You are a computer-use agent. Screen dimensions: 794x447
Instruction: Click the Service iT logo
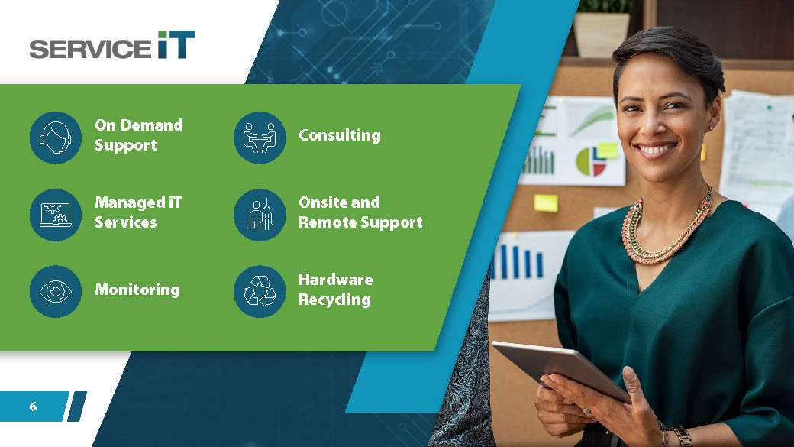[112, 45]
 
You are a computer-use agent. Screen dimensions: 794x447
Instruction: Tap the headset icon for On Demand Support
[56, 138]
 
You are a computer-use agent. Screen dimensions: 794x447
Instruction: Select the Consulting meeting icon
[260, 138]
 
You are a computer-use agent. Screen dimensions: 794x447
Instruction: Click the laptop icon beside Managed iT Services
[56, 215]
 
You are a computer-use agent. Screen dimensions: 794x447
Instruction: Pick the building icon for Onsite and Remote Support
[260, 215]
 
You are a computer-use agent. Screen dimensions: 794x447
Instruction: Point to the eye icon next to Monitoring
[56, 291]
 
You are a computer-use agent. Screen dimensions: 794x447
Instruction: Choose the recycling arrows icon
[260, 291]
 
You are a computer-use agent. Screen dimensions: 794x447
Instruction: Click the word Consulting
[339, 135]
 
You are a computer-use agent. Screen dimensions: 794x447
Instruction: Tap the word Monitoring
[137, 290]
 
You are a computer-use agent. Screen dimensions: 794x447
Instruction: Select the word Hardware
[336, 279]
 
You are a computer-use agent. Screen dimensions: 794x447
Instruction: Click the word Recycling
[334, 300]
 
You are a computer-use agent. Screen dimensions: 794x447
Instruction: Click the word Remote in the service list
[328, 222]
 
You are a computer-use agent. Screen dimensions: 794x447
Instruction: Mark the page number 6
[33, 407]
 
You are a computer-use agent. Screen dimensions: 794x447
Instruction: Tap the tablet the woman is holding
[560, 369]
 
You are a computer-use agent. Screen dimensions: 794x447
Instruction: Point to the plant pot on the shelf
[601, 34]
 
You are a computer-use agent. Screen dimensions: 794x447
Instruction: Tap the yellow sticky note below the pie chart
[546, 203]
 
